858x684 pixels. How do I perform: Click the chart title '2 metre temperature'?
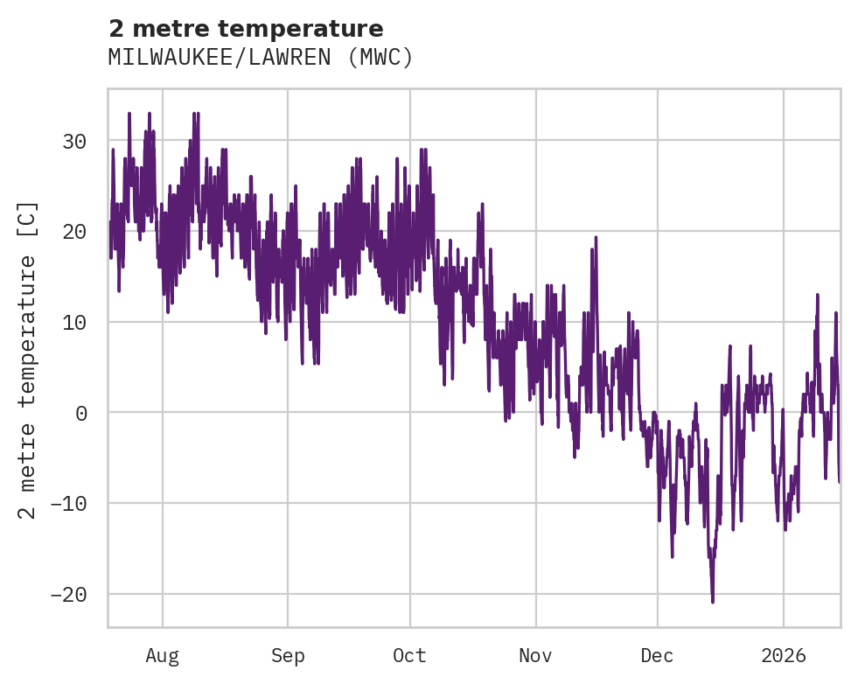coord(246,29)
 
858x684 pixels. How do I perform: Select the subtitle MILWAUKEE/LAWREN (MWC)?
coord(260,58)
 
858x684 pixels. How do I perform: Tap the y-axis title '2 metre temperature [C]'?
coord(29,360)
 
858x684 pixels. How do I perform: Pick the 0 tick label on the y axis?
coord(81,413)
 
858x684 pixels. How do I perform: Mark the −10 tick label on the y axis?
coord(68,504)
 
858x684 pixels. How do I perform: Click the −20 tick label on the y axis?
coord(68,595)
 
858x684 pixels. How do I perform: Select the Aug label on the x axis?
coord(163,656)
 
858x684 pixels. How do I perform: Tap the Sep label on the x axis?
coord(288,656)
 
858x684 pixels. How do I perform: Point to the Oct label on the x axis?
coord(409,656)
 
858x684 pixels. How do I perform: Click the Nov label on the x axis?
coord(535,656)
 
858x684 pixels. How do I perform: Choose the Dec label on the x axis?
coord(657,656)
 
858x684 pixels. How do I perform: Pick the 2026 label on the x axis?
coord(784,656)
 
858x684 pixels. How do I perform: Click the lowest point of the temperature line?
coord(713,602)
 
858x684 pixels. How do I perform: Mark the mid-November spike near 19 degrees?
coord(596,237)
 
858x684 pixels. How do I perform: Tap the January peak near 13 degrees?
coord(818,295)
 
